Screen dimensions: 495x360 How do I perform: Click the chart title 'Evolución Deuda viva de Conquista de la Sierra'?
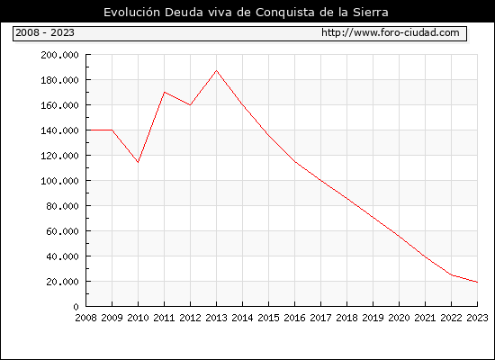tap(246, 13)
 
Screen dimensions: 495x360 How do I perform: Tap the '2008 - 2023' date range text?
tap(45, 32)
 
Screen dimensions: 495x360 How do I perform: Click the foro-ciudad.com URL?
tap(391, 32)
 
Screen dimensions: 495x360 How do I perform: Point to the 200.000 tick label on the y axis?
tap(59, 55)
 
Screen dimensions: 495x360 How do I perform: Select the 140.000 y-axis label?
tap(59, 130)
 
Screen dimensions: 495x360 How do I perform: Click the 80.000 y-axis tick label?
tap(62, 206)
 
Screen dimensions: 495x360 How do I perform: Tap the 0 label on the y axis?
tap(76, 307)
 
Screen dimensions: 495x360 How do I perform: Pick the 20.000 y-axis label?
tap(62, 282)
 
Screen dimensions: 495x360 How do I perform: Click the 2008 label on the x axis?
tap(85, 318)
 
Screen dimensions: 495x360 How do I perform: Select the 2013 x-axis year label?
tap(216, 318)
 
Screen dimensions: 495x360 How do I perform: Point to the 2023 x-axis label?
tap(477, 318)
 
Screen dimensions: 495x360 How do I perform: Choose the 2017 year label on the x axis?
tap(320, 318)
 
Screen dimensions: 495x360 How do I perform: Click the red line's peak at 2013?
tap(216, 70)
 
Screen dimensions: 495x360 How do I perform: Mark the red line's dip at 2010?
tap(138, 162)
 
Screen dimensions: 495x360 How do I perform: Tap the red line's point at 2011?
tap(164, 92)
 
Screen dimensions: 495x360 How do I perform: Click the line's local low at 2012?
tap(190, 104)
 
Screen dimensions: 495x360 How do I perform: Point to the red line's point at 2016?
tap(295, 162)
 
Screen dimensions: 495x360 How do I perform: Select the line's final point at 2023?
tap(477, 282)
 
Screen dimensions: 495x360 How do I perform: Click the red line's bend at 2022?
tap(452, 275)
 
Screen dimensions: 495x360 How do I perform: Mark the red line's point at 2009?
tap(112, 130)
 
